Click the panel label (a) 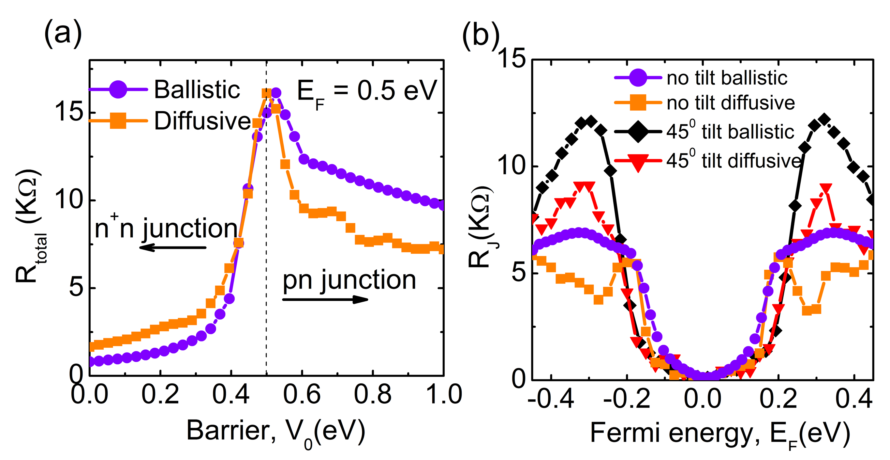point(63,34)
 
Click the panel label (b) point(481,35)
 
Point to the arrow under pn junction point(325,299)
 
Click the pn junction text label point(349,280)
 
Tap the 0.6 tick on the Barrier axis point(302,394)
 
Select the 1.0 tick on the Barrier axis point(444,394)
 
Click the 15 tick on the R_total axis point(69,112)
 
